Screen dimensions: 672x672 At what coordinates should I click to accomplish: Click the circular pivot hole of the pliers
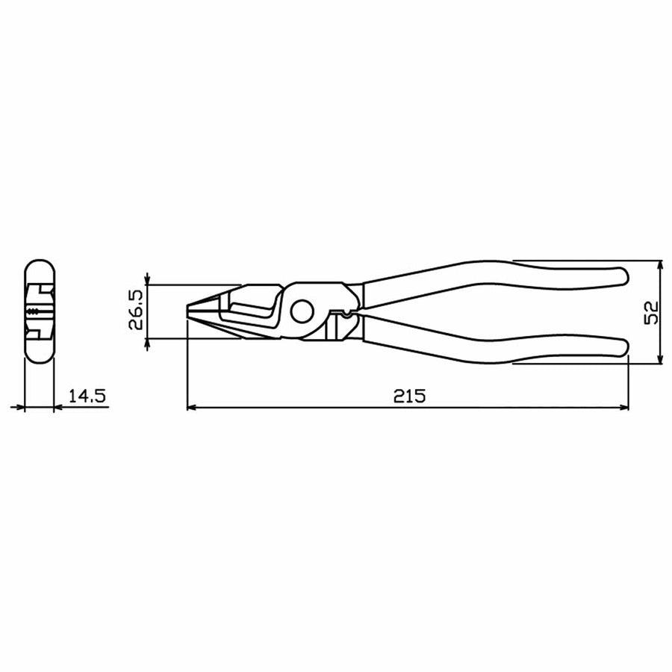[302, 311]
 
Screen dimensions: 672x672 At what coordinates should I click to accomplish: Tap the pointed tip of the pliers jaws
[187, 310]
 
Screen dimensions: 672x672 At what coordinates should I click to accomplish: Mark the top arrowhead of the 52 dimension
[661, 266]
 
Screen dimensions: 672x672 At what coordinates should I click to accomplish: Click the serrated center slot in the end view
[34, 311]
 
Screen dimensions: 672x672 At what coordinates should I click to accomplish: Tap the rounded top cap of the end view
[40, 268]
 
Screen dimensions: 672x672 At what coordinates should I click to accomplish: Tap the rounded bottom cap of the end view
[40, 354]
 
